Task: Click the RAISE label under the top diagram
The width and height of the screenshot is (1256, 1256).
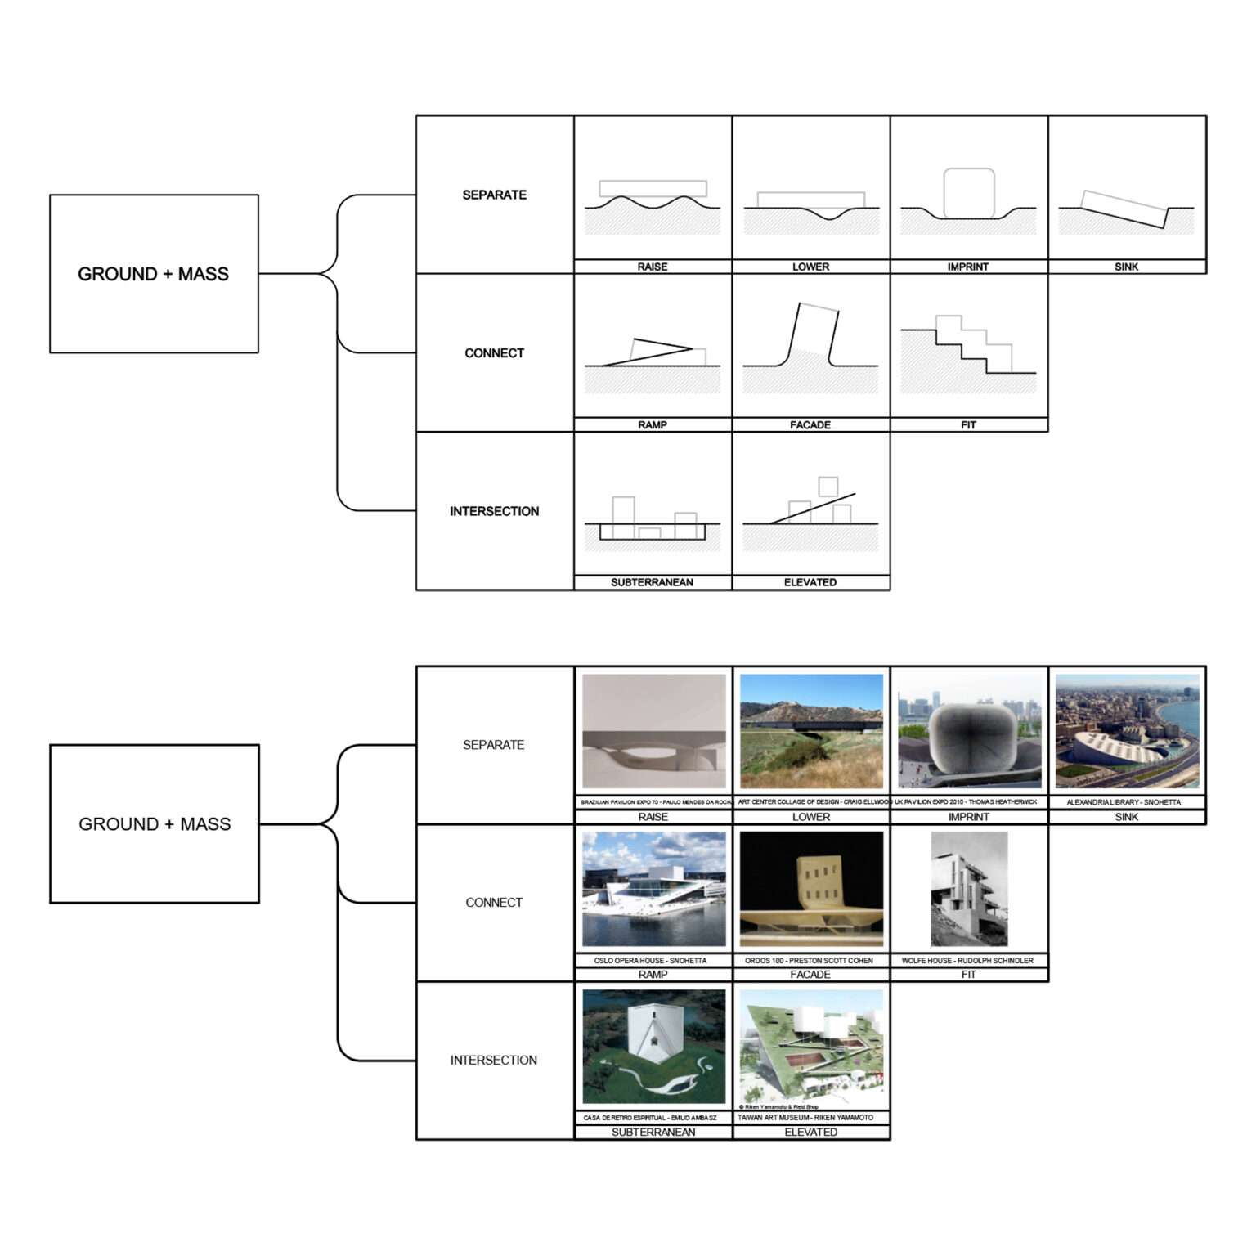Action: click(x=653, y=267)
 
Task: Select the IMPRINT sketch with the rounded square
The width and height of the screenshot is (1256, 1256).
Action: click(x=969, y=194)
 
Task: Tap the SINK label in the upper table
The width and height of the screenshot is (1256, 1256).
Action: click(x=1126, y=267)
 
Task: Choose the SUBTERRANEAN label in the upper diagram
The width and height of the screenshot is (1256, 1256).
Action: click(x=653, y=582)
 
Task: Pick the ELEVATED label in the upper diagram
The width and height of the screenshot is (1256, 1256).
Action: click(x=810, y=582)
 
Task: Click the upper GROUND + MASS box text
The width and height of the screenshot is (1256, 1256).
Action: click(x=154, y=274)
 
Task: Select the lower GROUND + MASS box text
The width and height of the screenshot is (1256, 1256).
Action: click(x=155, y=824)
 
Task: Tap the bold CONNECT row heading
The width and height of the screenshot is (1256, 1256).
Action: click(x=494, y=353)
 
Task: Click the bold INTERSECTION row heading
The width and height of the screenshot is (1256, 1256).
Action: click(x=494, y=511)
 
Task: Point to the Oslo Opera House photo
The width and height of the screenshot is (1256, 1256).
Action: click(x=653, y=889)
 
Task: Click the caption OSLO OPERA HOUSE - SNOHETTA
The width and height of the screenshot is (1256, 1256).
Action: click(x=651, y=961)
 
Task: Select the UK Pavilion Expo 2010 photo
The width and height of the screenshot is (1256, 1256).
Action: click(x=969, y=731)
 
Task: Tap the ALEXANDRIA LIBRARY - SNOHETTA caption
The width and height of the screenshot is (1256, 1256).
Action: click(x=1124, y=802)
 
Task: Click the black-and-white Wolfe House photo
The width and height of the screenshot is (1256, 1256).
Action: click(x=969, y=889)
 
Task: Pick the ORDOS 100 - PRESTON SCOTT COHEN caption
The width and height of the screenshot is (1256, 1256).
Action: click(x=809, y=961)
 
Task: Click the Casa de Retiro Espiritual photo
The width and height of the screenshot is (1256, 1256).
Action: click(x=653, y=1047)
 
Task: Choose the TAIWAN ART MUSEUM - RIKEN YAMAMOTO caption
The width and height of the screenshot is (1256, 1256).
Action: click(x=805, y=1117)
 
